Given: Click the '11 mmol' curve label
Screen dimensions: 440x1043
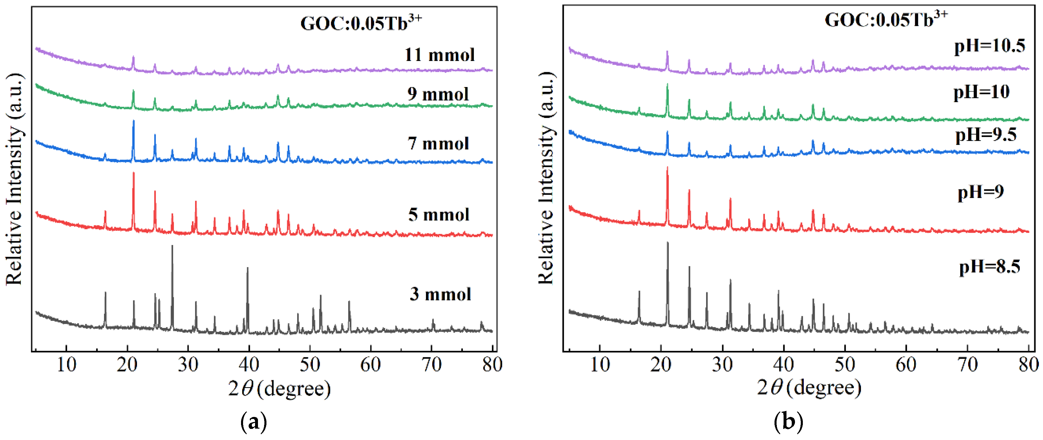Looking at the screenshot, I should point(439,55).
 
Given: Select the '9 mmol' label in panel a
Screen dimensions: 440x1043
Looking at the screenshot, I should point(438,94).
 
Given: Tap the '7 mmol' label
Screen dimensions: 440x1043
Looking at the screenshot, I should point(438,143).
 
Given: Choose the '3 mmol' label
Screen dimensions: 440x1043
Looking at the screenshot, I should point(440,294).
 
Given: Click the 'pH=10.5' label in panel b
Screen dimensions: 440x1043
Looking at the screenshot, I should point(990,46).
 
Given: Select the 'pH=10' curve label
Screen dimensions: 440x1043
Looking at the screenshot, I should point(981,92).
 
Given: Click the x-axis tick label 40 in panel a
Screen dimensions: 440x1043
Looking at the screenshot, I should point(249,365).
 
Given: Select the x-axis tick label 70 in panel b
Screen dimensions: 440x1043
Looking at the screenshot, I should point(967,365).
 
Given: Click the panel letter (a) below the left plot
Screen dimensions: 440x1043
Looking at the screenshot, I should point(254,422).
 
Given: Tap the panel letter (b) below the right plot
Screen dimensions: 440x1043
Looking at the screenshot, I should point(788,422).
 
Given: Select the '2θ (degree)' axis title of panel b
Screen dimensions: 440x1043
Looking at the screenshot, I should point(809,388).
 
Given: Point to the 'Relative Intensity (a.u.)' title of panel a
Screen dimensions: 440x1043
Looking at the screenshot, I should point(14,179).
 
